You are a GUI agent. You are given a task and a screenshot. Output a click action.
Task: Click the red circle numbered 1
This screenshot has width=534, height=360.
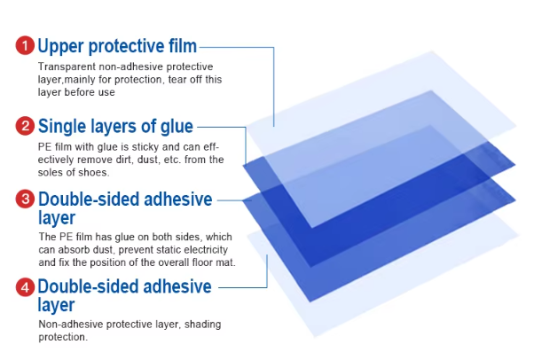(25, 45)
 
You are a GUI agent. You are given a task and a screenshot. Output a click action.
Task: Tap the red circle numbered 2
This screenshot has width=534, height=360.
(25, 126)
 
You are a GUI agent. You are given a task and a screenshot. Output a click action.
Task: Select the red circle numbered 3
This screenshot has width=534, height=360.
(25, 199)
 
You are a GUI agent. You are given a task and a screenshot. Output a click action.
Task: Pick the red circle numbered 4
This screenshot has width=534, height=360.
(25, 287)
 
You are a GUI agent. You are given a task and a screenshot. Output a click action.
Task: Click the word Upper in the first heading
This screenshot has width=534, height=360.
(60, 47)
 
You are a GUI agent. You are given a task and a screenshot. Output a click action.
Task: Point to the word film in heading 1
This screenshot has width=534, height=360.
(183, 45)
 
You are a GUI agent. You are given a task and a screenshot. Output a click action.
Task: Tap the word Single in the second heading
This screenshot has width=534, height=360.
(62, 127)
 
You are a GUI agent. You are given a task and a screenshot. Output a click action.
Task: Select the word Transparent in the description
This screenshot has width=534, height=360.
(67, 67)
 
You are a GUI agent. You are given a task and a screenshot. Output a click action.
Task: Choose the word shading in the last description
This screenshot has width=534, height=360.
(202, 325)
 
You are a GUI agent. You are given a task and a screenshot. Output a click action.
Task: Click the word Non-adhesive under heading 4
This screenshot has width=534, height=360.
(71, 325)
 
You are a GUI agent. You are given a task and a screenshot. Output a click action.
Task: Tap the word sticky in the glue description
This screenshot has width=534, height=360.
(145, 147)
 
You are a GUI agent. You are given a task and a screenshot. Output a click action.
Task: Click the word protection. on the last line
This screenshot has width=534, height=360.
(63, 337)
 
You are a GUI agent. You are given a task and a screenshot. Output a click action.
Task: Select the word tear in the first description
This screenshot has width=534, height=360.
(177, 80)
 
